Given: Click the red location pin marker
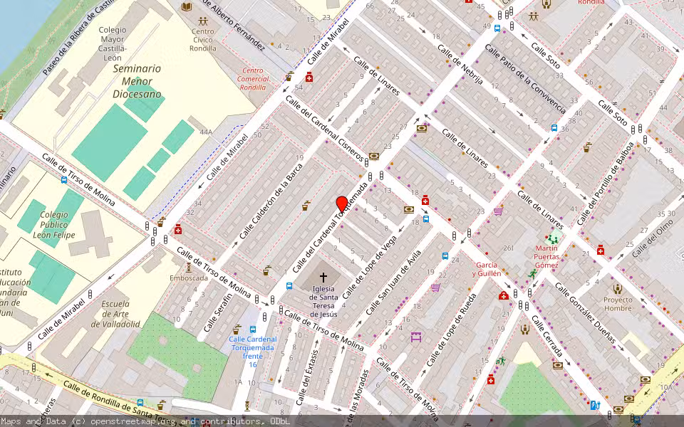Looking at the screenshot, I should click(342, 204).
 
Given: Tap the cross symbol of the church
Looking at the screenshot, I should click(323, 277).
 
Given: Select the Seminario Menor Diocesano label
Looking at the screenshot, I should click(136, 80).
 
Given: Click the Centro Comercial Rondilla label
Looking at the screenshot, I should click(253, 78).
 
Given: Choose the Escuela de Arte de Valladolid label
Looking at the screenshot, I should click(120, 313).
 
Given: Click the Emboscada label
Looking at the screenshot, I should click(189, 278).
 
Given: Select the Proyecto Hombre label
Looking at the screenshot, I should click(617, 304).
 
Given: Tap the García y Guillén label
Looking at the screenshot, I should click(487, 269).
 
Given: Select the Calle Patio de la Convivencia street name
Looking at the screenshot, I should click(525, 79).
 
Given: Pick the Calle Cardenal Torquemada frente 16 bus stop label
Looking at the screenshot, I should click(253, 352).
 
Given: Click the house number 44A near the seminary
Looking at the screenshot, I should click(206, 132).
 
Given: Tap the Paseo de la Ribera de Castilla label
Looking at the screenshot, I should click(78, 39).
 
